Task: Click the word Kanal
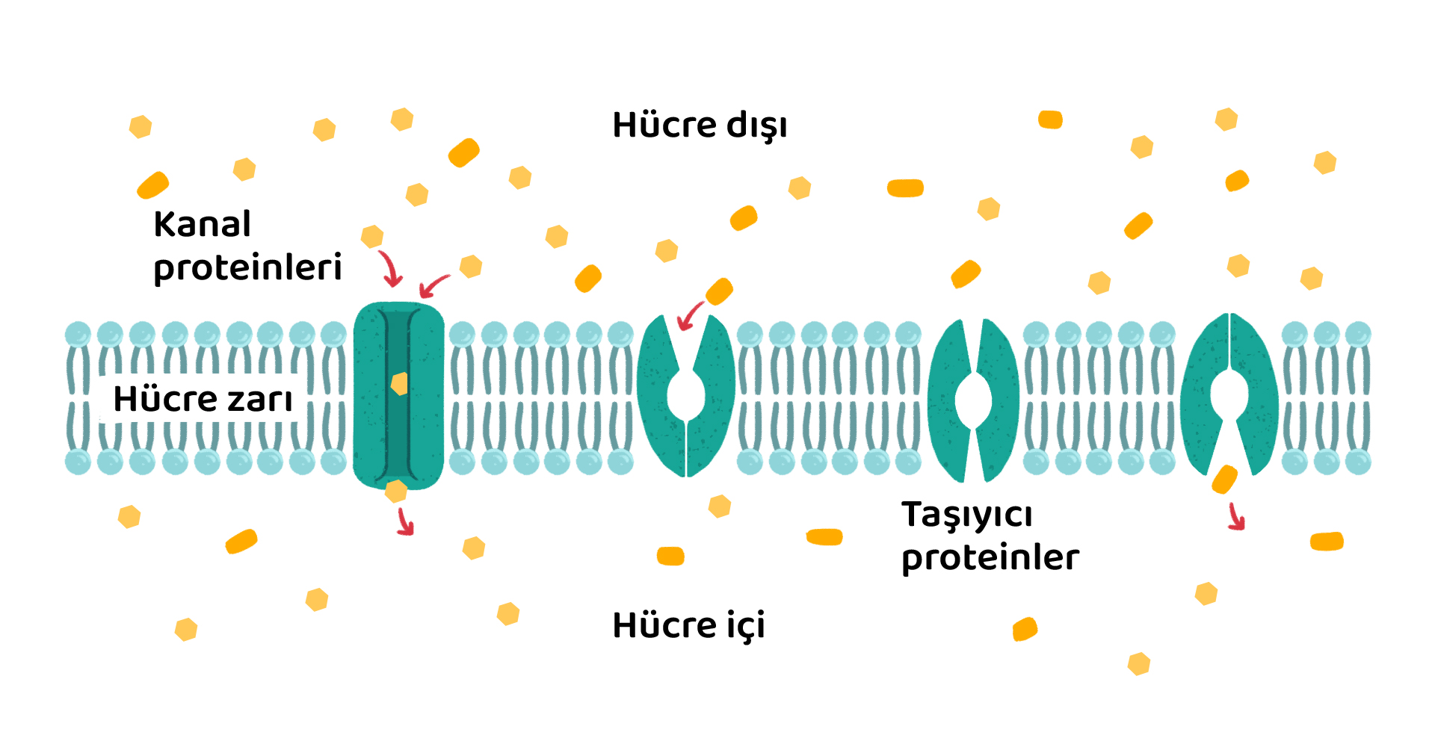(202, 224)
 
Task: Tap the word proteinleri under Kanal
(247, 268)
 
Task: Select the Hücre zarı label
(203, 399)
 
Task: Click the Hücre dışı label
(700, 125)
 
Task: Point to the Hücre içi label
(688, 625)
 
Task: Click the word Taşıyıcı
(967, 515)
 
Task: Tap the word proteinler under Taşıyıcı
(990, 558)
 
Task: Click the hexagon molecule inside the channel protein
(400, 384)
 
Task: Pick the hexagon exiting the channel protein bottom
(396, 491)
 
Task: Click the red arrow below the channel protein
(405, 521)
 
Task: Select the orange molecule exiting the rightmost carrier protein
(1224, 479)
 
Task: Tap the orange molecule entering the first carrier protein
(719, 291)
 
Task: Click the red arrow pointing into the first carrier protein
(691, 315)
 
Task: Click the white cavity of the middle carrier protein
(973, 400)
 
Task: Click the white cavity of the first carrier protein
(686, 394)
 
